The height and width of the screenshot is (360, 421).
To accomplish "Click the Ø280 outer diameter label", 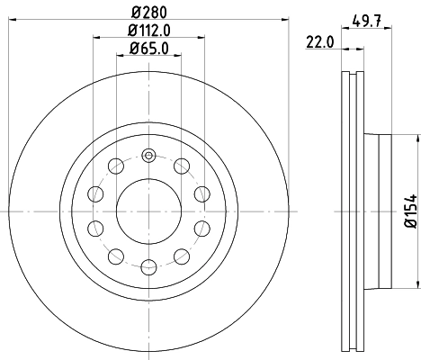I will [x=148, y=11].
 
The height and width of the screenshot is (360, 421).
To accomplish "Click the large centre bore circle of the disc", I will [x=148, y=212].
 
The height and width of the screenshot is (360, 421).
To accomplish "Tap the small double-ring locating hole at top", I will [x=148, y=156].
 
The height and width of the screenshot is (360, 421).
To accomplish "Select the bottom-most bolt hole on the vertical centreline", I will [x=148, y=266].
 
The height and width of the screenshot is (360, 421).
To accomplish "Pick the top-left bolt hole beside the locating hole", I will [x=116, y=166].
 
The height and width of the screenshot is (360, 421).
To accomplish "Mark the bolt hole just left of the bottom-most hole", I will [x=116, y=257].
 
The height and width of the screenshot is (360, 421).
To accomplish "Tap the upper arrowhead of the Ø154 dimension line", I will [x=416, y=138].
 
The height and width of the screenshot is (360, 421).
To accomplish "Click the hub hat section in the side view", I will [x=378, y=212].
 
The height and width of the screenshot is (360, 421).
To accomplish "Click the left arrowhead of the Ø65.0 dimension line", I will [x=119, y=57].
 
